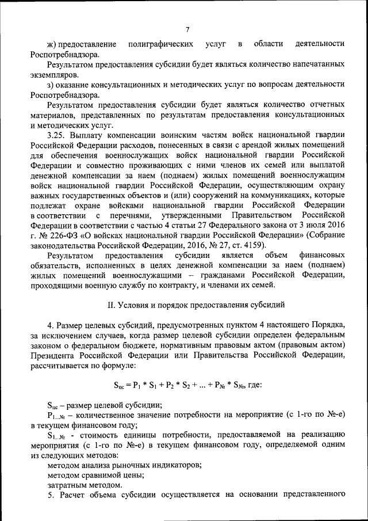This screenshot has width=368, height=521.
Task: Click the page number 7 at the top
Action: (187, 30)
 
